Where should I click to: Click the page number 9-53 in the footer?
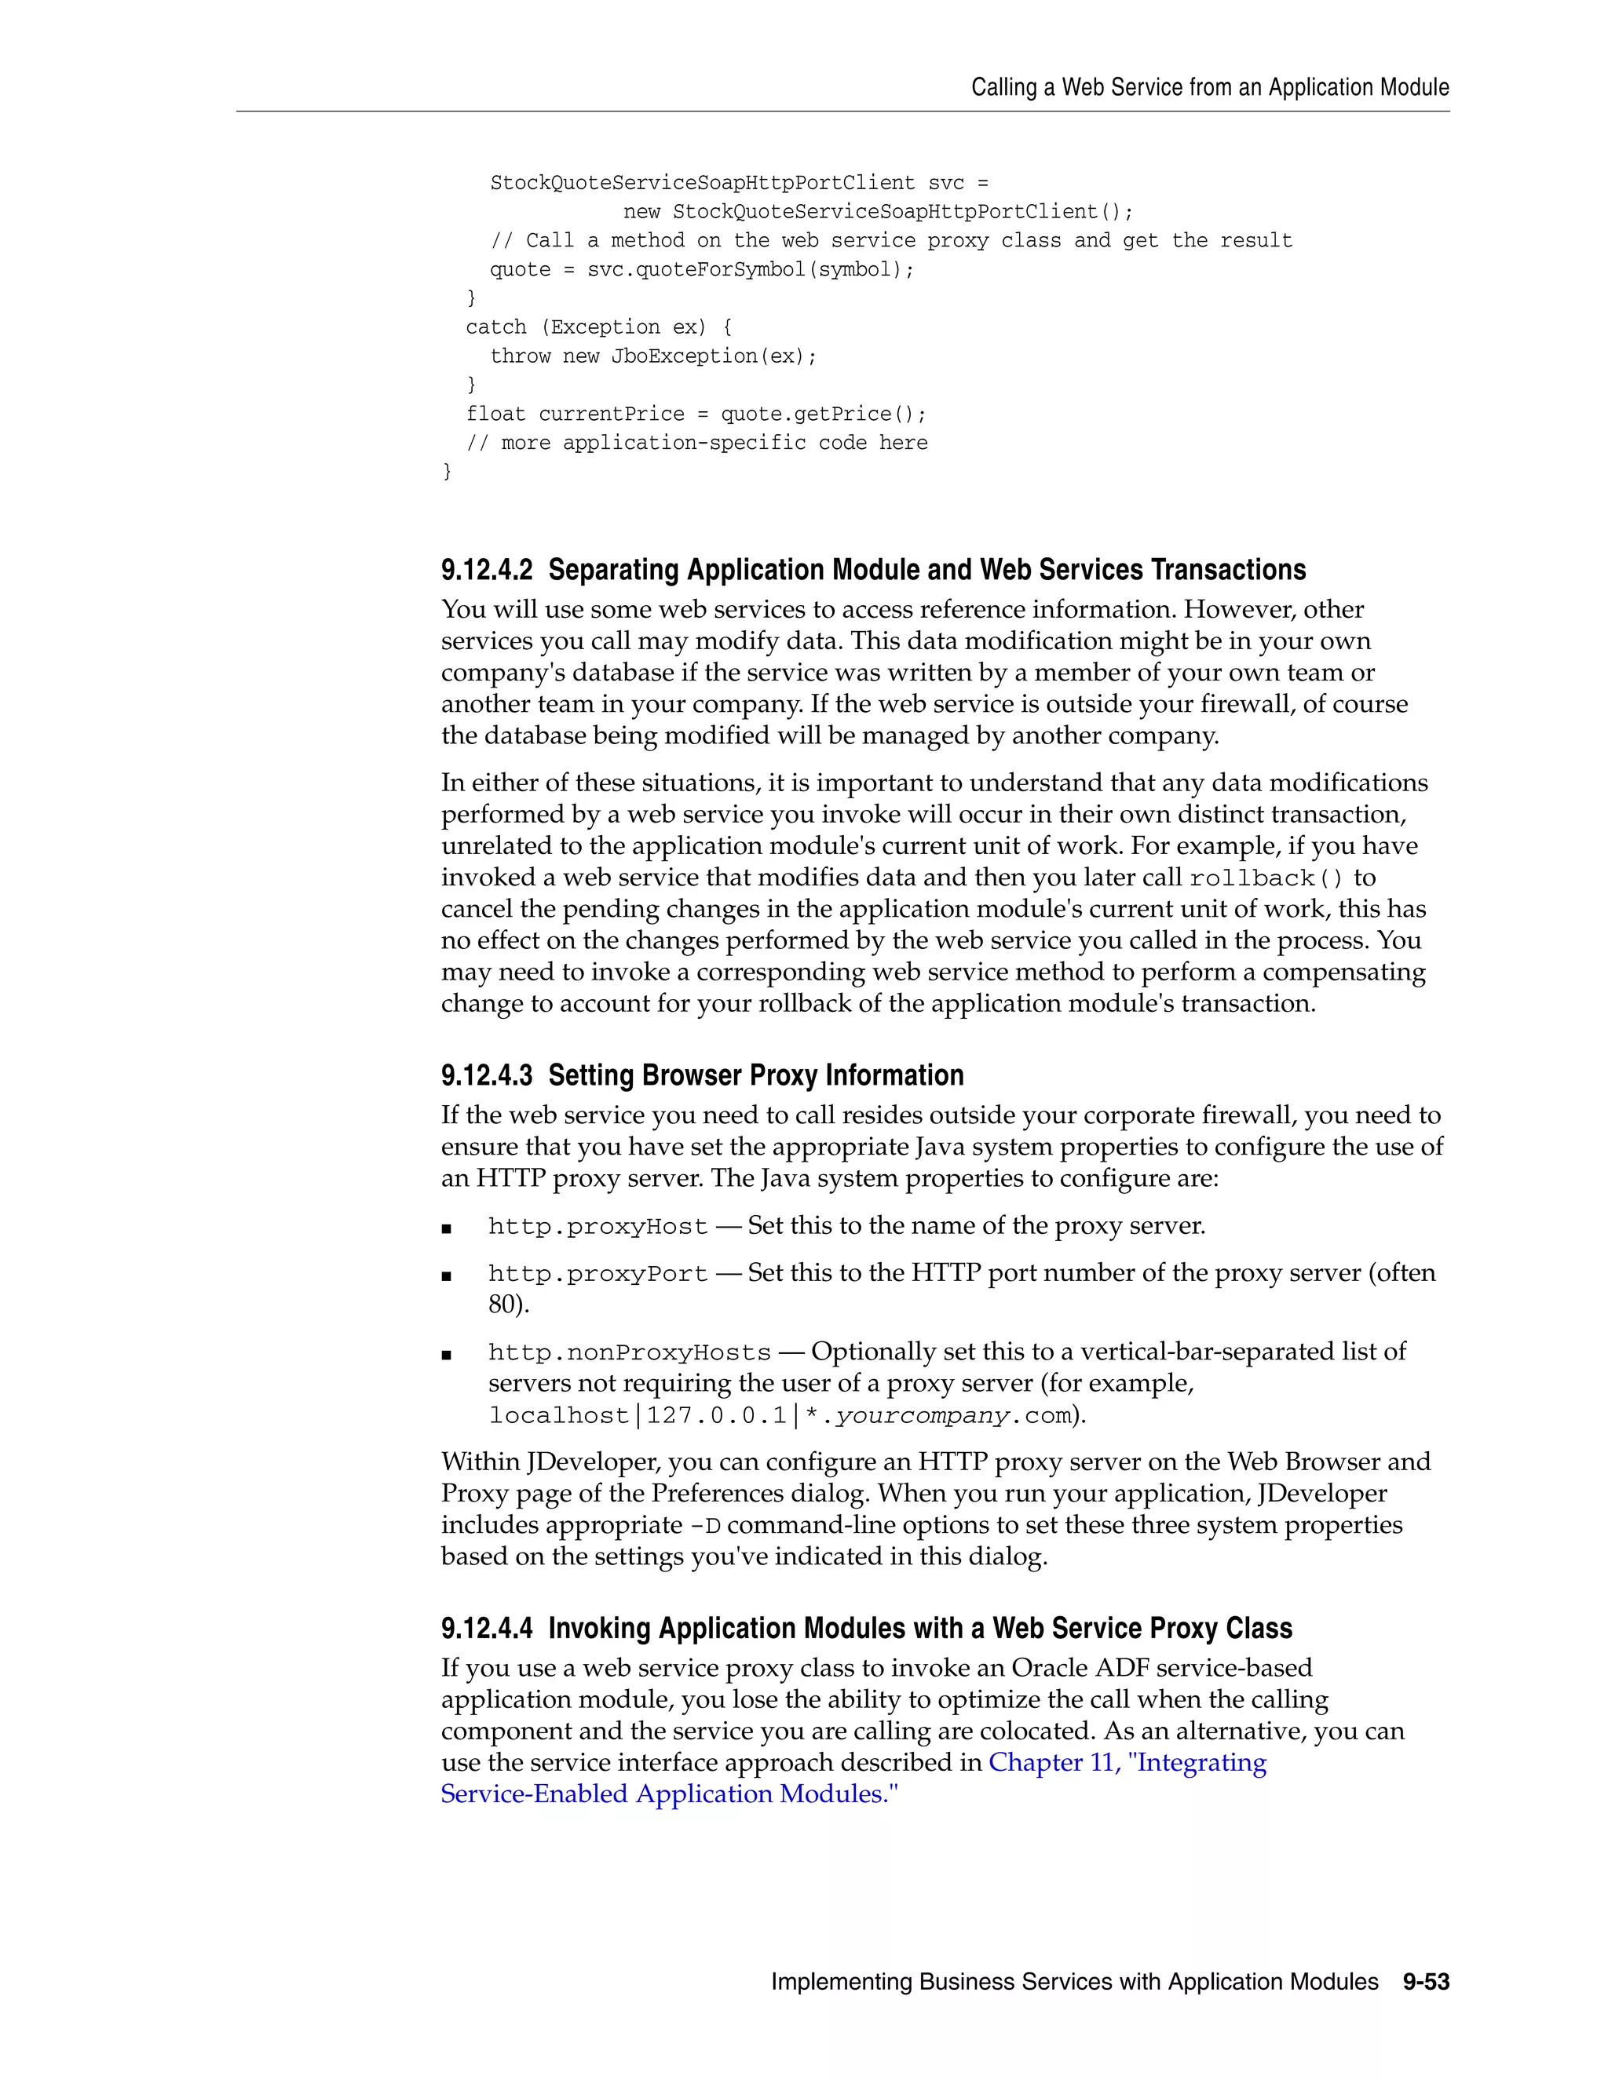1425,1981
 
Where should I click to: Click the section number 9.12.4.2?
487,571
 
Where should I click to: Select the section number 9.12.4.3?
487,1075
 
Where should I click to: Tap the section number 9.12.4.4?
487,1629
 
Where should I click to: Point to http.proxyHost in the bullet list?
598,1227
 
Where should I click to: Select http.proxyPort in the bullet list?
598,1274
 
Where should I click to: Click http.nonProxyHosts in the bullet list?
629,1352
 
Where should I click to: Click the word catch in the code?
495,327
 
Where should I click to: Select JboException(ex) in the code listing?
713,356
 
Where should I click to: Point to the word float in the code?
495,414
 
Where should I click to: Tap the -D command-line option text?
705,1526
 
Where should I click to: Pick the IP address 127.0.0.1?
716,1416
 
